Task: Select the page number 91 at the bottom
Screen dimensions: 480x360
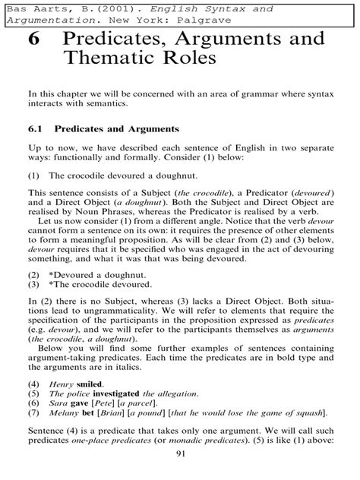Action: coord(180,454)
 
